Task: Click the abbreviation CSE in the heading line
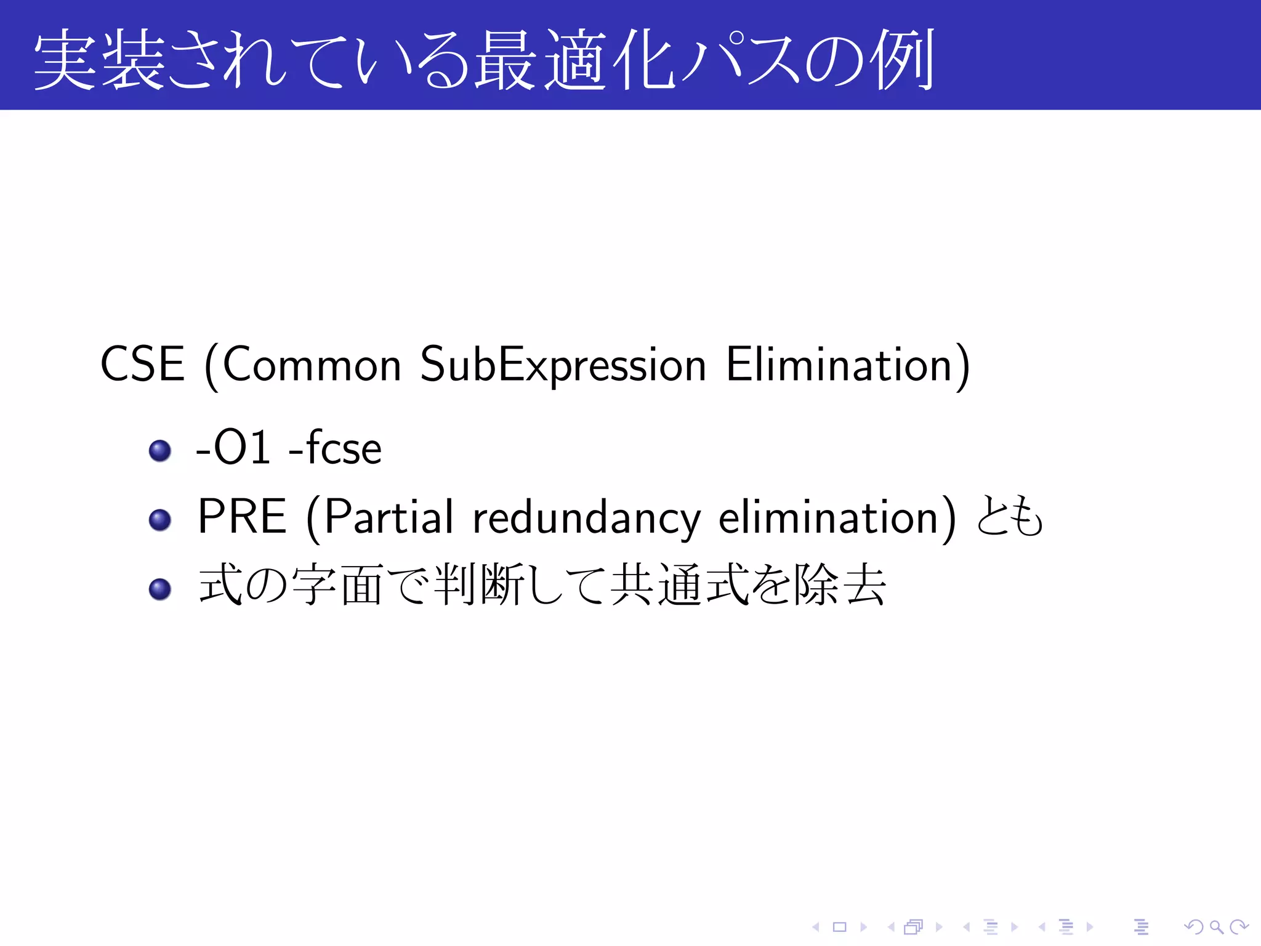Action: pyautogui.click(x=142, y=365)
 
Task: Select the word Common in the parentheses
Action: pyautogui.click(x=312, y=365)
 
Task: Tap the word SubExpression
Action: pyautogui.click(x=562, y=365)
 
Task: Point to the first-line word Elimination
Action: pyautogui.click(x=840, y=365)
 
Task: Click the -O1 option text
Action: pyautogui.click(x=233, y=448)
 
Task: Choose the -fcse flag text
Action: pyautogui.click(x=336, y=448)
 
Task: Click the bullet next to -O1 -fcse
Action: pyautogui.click(x=160, y=450)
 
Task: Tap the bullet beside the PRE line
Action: pyautogui.click(x=160, y=520)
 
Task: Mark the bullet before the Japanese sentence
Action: pyautogui.click(x=160, y=589)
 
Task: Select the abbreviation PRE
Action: pyautogui.click(x=242, y=517)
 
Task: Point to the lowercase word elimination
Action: pyautogui.click(x=828, y=517)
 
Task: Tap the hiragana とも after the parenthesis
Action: pyautogui.click(x=1010, y=517)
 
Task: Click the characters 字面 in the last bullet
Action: pyautogui.click(x=338, y=585)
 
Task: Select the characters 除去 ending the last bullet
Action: pyautogui.click(x=840, y=585)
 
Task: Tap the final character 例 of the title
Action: pyautogui.click(x=903, y=60)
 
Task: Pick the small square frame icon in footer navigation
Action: pyautogui.click(x=840, y=927)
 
